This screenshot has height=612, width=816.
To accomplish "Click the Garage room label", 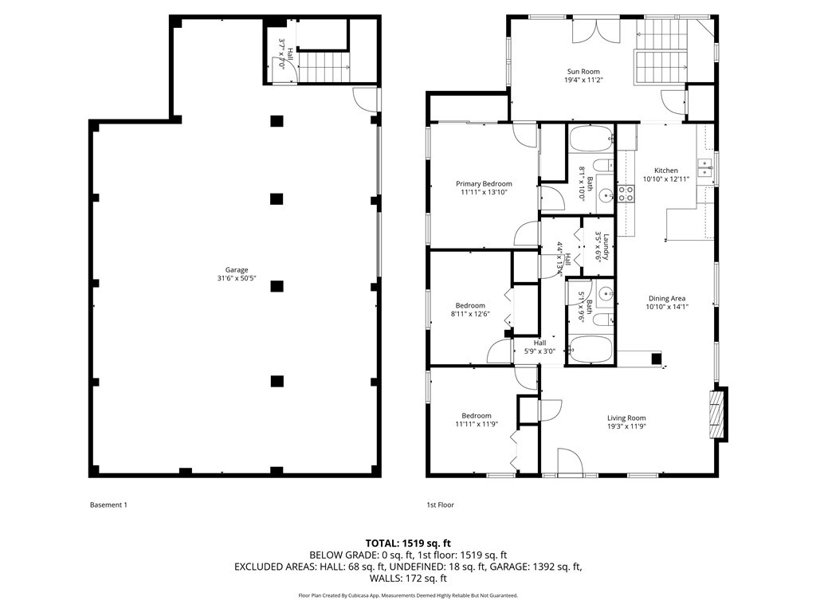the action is [x=236, y=269].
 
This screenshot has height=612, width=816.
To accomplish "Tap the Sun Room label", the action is [x=583, y=71].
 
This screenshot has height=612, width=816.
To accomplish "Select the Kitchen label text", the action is [x=666, y=171].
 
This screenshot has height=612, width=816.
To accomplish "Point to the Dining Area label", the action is [x=667, y=298].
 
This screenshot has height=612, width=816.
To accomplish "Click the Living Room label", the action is [x=626, y=418].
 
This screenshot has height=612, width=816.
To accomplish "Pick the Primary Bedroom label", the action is [x=484, y=184].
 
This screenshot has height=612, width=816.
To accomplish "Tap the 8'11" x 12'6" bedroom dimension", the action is [x=470, y=314].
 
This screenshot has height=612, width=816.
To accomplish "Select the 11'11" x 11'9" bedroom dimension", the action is [x=477, y=424].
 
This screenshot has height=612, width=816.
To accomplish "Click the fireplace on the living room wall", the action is [x=719, y=414].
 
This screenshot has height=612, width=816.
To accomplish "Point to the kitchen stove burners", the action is [x=626, y=194].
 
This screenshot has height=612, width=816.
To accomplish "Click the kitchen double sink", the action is [x=704, y=167].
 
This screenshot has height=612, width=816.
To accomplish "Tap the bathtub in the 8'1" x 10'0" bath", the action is [x=590, y=139].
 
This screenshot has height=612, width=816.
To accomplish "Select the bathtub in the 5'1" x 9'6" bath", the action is [x=590, y=349].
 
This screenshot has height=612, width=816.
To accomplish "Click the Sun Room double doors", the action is [x=596, y=32].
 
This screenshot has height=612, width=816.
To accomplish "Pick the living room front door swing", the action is [x=571, y=461].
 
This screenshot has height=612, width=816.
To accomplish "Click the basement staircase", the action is [x=324, y=67].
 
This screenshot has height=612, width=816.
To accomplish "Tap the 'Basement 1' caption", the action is [x=108, y=504].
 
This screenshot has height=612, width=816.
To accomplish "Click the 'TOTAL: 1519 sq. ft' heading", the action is [x=408, y=544].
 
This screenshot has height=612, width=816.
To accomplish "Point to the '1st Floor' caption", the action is [x=440, y=504].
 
